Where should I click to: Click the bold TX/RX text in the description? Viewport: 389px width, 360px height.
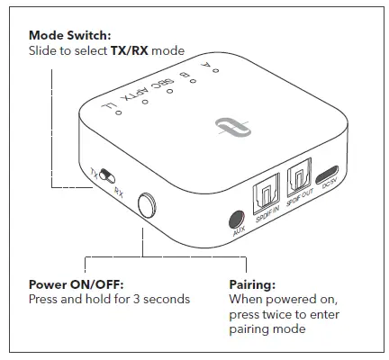(x=128, y=51)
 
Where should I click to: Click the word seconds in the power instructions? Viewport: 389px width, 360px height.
(x=166, y=298)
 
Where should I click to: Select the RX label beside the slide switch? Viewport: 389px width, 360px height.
(x=119, y=191)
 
